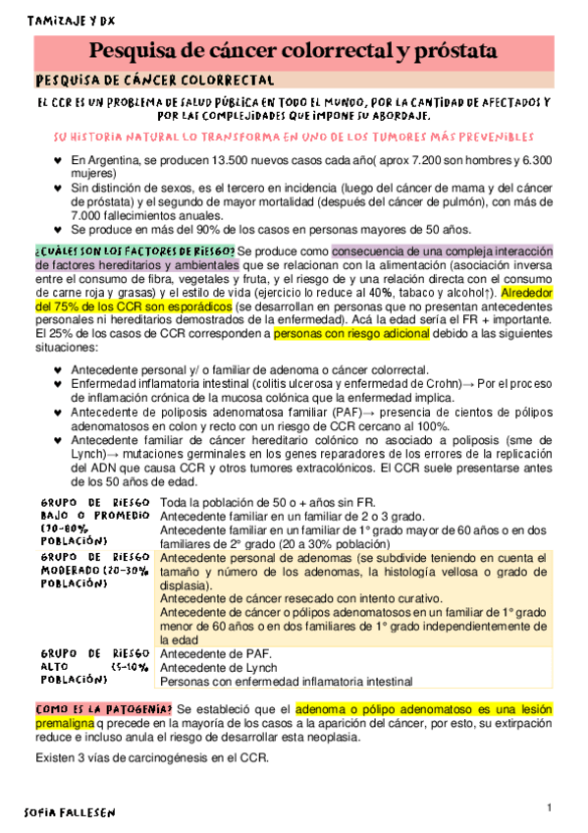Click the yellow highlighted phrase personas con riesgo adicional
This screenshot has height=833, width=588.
(x=350, y=335)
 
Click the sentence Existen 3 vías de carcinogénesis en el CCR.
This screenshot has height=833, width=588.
(x=152, y=758)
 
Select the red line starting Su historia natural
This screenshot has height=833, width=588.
(x=294, y=137)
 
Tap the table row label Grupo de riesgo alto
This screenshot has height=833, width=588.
(x=93, y=665)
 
